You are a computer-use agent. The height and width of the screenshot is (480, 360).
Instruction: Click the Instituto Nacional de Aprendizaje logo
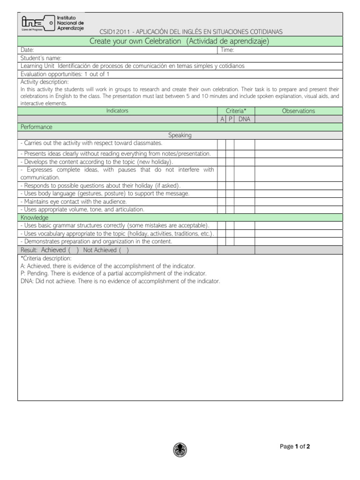52,23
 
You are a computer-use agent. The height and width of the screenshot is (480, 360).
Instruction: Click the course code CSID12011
114,31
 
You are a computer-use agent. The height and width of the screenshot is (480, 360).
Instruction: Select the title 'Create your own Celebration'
135,41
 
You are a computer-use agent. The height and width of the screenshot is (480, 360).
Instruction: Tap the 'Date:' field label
27,50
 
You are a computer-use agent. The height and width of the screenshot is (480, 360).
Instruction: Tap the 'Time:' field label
227,50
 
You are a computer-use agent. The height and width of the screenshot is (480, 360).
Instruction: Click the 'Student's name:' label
42,58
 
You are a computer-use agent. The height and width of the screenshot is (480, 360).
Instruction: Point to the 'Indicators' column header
117,111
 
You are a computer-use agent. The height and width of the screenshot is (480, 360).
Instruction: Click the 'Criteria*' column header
236,111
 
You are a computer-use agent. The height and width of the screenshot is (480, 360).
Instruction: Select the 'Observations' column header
298,111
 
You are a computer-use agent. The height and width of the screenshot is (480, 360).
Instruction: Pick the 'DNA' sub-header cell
244,120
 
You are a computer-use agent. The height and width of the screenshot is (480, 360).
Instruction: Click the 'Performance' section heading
36,127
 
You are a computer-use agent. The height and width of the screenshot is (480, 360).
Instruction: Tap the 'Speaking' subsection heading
180,135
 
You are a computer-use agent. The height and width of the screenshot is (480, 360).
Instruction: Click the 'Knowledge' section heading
34,217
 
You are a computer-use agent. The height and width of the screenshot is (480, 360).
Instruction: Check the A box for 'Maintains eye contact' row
222,202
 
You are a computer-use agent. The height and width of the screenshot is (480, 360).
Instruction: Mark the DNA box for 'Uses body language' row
244,194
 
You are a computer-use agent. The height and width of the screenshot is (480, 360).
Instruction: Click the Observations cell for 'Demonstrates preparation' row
298,241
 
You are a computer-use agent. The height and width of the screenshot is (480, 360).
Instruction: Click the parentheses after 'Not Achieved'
124,250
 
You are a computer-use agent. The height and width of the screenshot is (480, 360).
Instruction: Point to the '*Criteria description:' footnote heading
46,258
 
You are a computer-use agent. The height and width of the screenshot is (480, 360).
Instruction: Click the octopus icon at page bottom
180,449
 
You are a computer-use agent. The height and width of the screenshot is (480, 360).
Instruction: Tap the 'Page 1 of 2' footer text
295,447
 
